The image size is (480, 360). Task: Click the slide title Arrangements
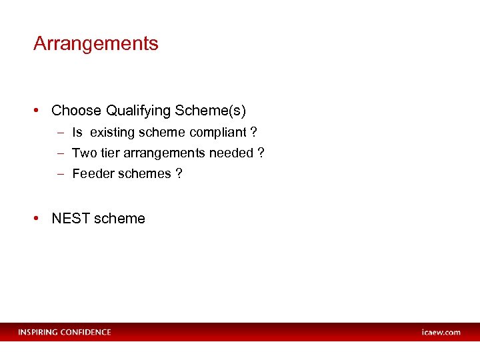96,44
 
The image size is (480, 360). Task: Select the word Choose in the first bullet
76,111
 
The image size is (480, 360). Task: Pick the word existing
113,133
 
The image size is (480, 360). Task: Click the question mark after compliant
253,133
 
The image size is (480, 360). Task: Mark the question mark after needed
261,153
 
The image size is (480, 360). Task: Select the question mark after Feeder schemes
179,174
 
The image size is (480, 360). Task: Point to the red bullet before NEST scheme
40,219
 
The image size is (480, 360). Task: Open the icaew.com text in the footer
441,332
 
